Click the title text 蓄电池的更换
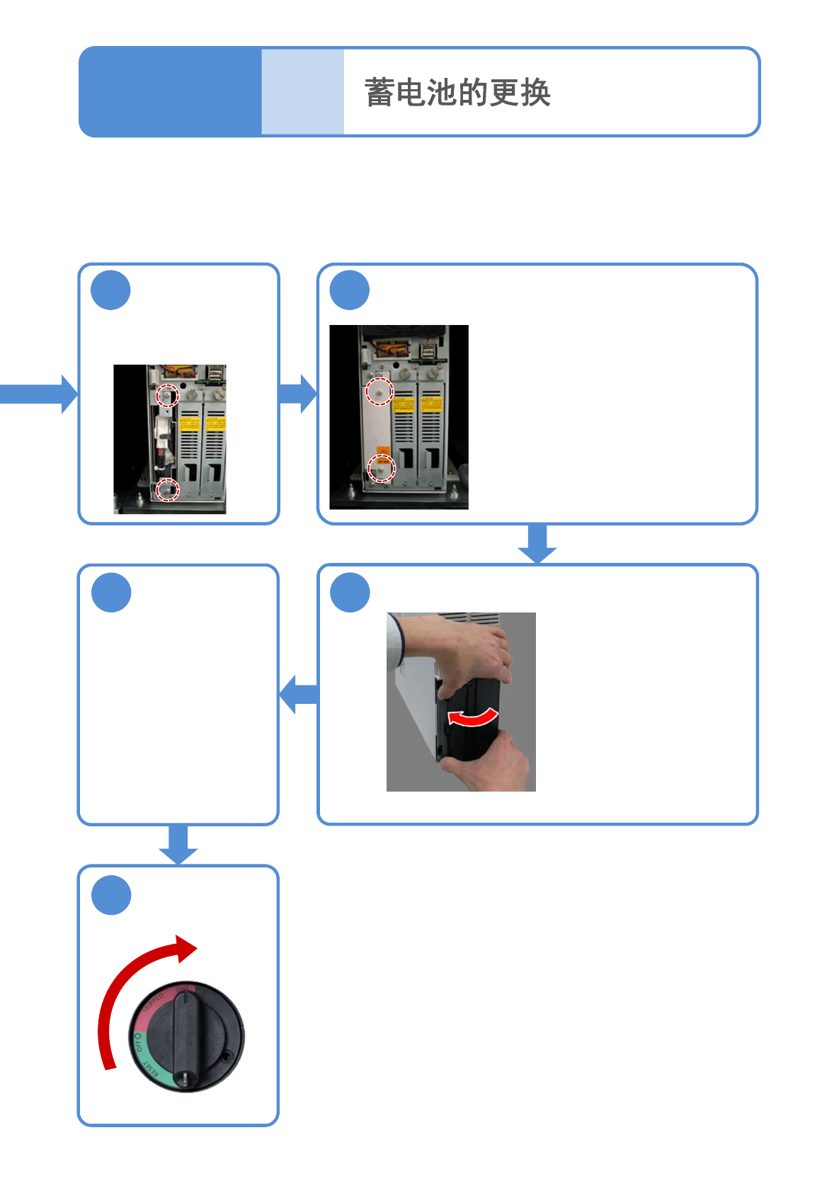(x=457, y=93)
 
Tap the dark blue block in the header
(x=171, y=92)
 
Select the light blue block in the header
(x=302, y=92)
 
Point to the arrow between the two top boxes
(x=298, y=394)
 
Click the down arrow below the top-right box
(x=537, y=544)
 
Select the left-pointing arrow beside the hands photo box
(x=298, y=694)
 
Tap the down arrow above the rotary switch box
(x=178, y=845)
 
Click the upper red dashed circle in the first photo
(x=167, y=395)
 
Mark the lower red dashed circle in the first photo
(x=168, y=489)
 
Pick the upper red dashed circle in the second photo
(x=379, y=391)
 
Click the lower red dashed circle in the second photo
(x=382, y=468)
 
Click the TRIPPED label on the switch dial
(x=154, y=1003)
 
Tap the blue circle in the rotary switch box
(x=111, y=895)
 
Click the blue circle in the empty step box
(x=111, y=593)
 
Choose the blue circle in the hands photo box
(x=350, y=593)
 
